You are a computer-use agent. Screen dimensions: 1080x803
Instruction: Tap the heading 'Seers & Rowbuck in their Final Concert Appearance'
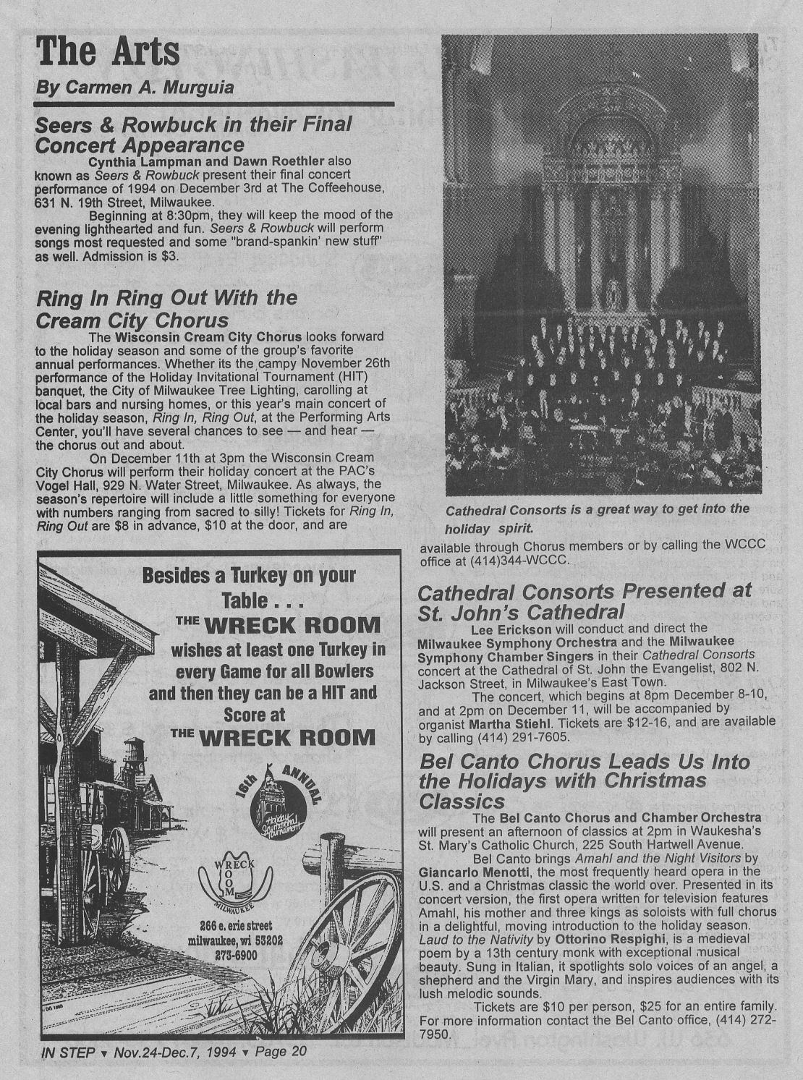(x=193, y=134)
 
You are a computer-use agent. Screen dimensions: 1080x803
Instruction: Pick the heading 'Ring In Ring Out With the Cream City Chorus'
(x=166, y=308)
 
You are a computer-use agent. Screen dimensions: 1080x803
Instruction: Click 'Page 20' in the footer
(x=281, y=1052)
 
